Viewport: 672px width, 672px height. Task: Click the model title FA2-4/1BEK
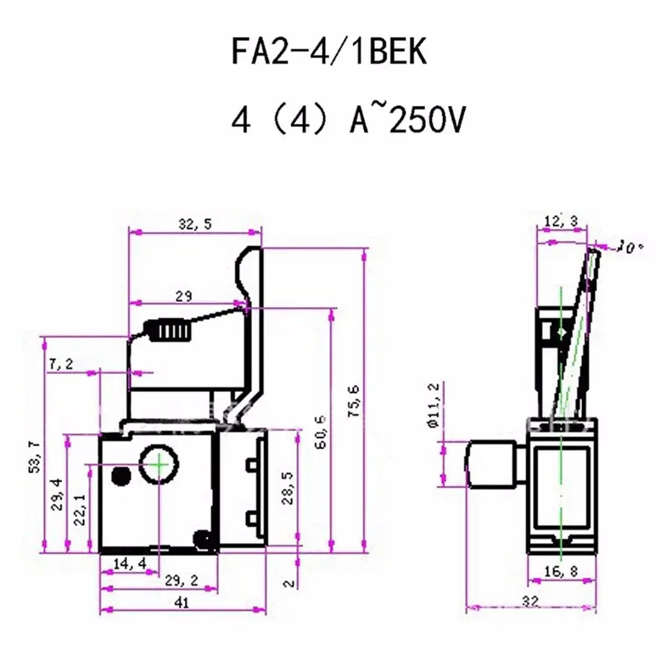(330, 52)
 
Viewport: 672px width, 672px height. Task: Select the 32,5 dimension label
(195, 225)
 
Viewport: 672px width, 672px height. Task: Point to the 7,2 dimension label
(62, 365)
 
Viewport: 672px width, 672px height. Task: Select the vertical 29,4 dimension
(57, 493)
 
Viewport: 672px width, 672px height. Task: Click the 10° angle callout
(631, 248)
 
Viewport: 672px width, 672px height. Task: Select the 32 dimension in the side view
(530, 601)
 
